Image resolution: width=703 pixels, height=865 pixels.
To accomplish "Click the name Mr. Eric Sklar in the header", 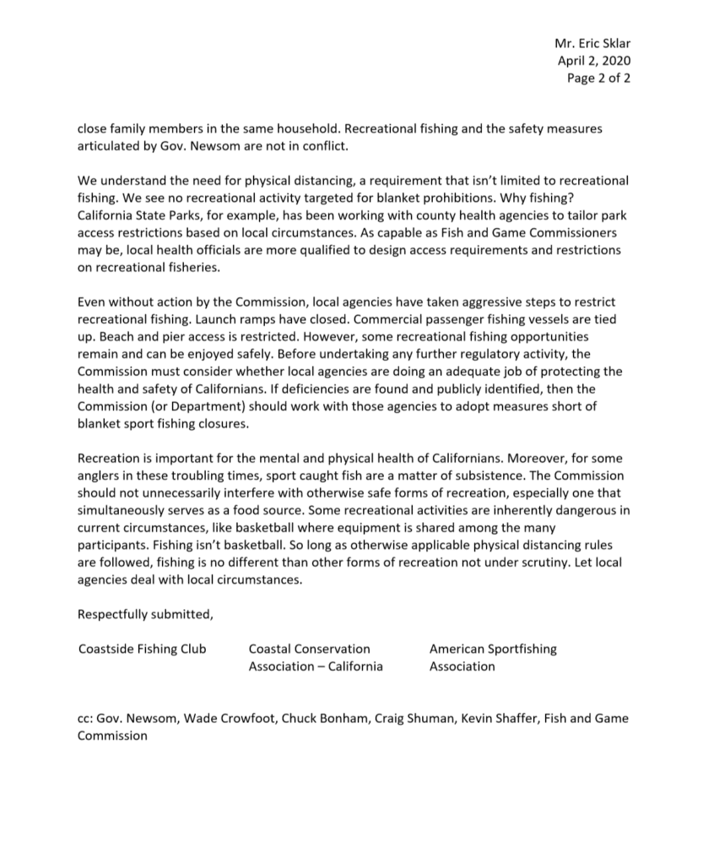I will [592, 42].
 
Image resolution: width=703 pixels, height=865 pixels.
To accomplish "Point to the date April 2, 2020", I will [594, 60].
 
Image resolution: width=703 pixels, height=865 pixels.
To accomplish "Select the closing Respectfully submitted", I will [145, 614].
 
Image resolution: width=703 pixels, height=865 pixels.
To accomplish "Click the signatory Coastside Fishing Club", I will [142, 649].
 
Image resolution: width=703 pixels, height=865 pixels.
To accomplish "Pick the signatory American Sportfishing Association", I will [493, 657].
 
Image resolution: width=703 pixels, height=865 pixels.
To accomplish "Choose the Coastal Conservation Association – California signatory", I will [315, 657].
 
